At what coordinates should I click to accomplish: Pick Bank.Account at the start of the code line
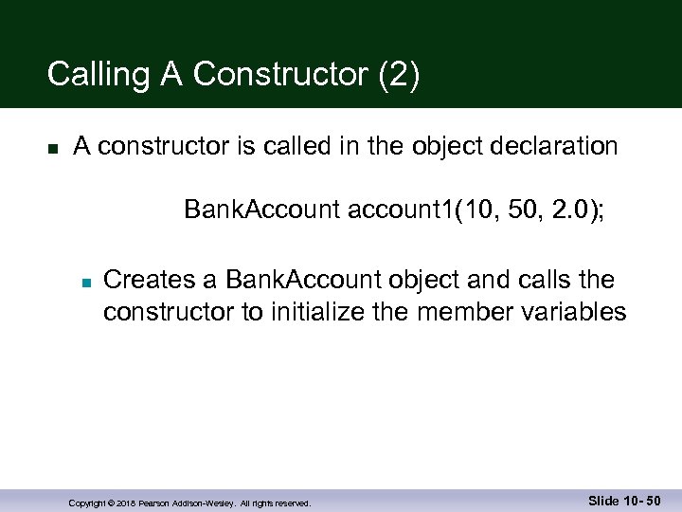pos(262,209)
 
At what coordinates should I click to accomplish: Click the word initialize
pos(357,311)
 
